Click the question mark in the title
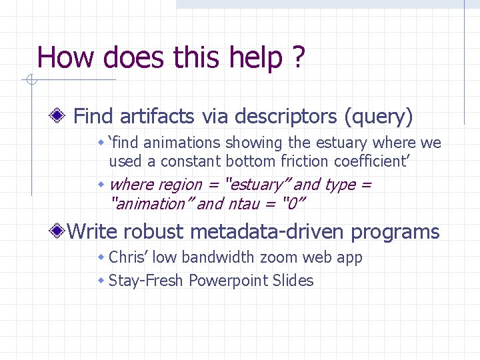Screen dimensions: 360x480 point(297,57)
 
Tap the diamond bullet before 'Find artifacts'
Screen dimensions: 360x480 point(59,117)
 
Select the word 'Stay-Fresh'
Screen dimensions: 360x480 point(146,281)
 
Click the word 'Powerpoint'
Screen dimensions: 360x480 point(228,281)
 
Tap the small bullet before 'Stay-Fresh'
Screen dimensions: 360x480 point(101,281)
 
